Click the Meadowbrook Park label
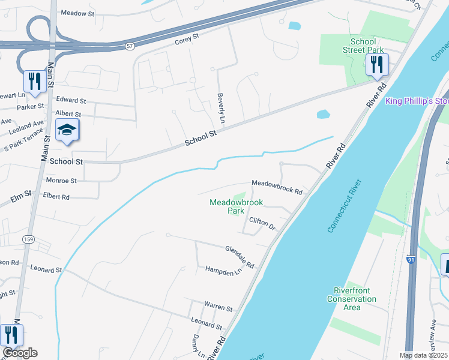tap(227, 206)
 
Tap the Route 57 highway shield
tap(130, 46)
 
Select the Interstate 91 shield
tap(411, 260)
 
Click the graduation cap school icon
tap(67, 130)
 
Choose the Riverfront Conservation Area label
tap(352, 299)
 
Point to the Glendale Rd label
tap(240, 256)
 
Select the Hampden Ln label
tap(223, 272)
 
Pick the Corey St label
tap(187, 41)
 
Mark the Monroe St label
tap(61, 180)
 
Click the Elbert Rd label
tap(56, 196)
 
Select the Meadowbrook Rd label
tap(276, 186)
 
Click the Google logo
tap(20, 353)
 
